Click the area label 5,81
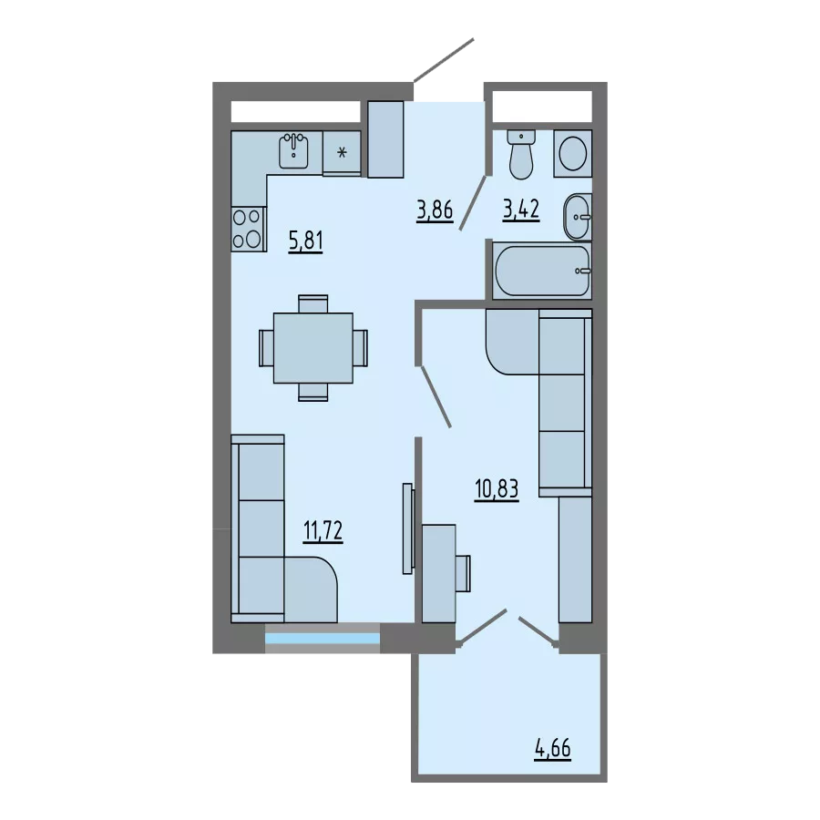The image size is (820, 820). coord(306,241)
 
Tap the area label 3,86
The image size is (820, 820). coord(435,210)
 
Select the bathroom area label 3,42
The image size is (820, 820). coord(521,210)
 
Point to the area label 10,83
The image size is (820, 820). coord(497,489)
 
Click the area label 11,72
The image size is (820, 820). coord(323,531)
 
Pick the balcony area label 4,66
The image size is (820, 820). coord(553,749)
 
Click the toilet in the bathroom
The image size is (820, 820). coord(521,155)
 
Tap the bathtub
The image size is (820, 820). coord(542,271)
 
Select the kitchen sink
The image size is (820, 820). coord(293,151)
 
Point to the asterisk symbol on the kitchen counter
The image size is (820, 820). coord(342,153)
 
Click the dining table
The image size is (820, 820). coord(313,348)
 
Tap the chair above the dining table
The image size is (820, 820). coord(313,303)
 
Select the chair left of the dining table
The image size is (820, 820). coord(266,348)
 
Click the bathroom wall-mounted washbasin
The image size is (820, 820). coord(578,217)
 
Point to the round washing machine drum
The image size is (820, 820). coord(573,154)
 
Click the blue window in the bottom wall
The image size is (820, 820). coord(323,639)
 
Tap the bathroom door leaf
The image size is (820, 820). coord(473,203)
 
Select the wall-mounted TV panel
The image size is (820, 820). coord(408,528)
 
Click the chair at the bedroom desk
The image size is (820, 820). coord(463,573)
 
